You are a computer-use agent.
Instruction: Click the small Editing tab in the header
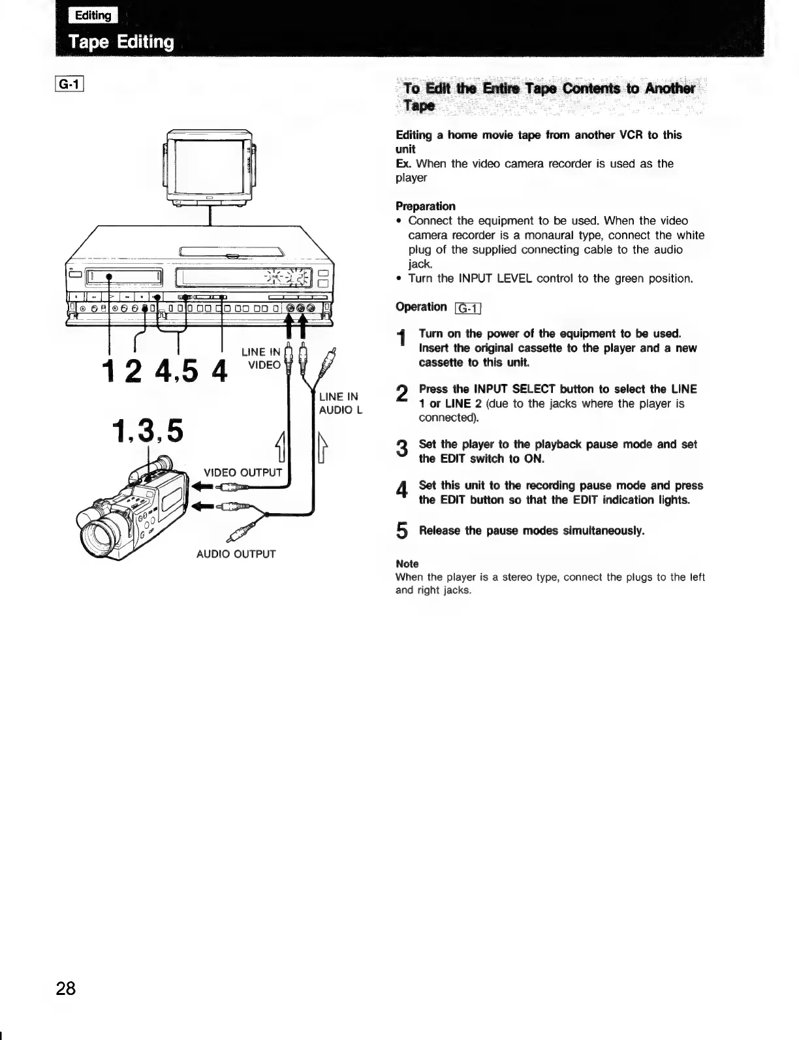tap(95, 15)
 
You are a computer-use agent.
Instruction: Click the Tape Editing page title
tap(122, 42)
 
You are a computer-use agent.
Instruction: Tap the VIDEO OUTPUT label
tap(243, 472)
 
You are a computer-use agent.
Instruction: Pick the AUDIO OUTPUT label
tap(236, 554)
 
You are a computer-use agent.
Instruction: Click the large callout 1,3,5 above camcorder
tap(148, 430)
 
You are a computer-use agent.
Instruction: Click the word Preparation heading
tap(426, 206)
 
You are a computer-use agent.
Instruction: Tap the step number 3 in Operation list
tap(402, 450)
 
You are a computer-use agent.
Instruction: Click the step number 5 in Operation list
tap(402, 532)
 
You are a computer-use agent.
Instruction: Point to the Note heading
tap(407, 563)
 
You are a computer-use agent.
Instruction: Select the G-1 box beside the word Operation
tap(467, 308)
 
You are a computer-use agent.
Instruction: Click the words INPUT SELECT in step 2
tap(495, 389)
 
